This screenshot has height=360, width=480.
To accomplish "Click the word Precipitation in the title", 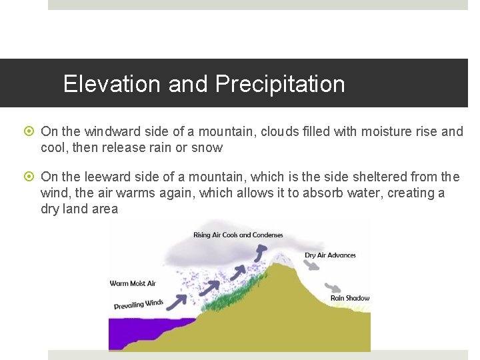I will click(x=280, y=84).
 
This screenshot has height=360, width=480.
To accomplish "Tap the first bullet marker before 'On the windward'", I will click(x=31, y=132).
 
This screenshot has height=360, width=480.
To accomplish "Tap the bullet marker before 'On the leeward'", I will click(x=31, y=177).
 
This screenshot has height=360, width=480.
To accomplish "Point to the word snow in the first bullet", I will click(x=207, y=147).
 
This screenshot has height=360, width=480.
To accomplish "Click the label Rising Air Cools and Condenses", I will click(x=238, y=235).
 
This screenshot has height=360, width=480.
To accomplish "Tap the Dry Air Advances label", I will click(x=330, y=255).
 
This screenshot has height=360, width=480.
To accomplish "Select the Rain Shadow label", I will click(x=350, y=298).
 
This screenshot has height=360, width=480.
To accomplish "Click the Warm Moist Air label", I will click(x=133, y=283).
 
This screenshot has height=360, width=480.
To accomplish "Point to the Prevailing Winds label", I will click(x=139, y=305).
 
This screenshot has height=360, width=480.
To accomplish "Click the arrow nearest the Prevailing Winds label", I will click(x=177, y=301).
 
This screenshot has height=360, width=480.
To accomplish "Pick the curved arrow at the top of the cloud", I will click(x=261, y=251).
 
